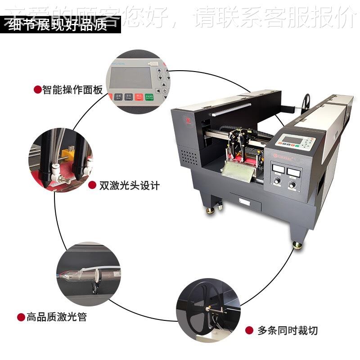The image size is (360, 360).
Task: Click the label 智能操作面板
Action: point(72,90)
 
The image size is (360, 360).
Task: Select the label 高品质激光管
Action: point(56,317)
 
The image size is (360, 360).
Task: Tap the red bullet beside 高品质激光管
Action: point(21,317)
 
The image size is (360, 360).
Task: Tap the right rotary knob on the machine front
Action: point(292,184)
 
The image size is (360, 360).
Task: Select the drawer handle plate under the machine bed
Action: point(245,201)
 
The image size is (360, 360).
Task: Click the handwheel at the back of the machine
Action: point(307,101)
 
